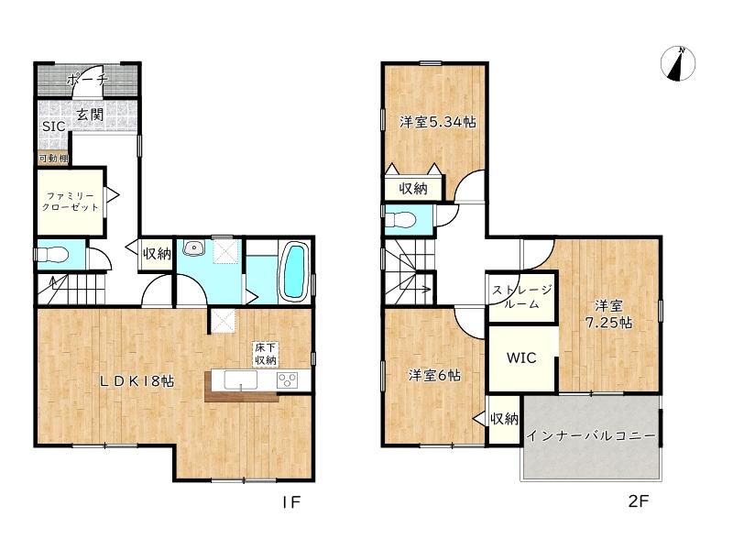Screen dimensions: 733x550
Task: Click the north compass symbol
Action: click(x=678, y=63)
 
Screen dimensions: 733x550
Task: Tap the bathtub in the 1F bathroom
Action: click(x=294, y=271)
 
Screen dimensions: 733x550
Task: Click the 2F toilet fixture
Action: click(x=399, y=219)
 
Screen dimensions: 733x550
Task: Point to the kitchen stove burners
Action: click(x=287, y=379)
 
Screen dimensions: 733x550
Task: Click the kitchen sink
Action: click(x=240, y=379)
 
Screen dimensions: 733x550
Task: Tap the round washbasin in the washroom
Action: click(x=192, y=247)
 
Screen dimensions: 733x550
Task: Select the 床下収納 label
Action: click(x=265, y=354)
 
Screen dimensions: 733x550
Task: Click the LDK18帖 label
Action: click(x=137, y=381)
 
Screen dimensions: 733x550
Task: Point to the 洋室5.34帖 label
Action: click(x=438, y=122)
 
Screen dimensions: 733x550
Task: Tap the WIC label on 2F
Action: click(x=521, y=358)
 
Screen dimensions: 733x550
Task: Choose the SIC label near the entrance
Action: click(x=53, y=126)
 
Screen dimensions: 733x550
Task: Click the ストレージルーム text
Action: click(x=521, y=297)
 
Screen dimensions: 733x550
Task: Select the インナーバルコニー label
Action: click(x=591, y=436)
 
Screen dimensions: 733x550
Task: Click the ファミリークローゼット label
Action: click(x=71, y=202)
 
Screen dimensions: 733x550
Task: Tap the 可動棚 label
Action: click(x=53, y=159)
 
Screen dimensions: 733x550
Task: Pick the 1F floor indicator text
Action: click(x=291, y=501)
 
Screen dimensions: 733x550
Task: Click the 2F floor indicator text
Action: click(x=639, y=501)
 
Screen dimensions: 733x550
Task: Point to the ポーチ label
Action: click(x=87, y=80)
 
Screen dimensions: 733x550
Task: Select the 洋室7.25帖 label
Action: click(x=608, y=314)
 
